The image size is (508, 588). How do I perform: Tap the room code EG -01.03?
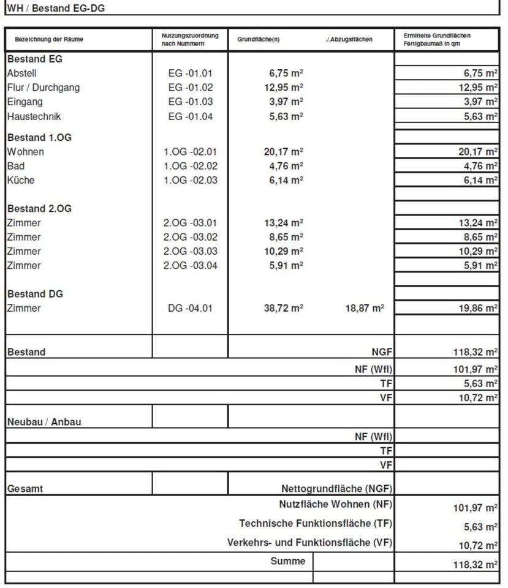pos(190,102)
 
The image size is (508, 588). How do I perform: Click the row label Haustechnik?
pos(34,116)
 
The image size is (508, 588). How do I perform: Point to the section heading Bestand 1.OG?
pos(39,138)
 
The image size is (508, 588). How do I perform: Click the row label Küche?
pos(21,180)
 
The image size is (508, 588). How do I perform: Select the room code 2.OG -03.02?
pos(190,237)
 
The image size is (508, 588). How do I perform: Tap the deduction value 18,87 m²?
pos(365,309)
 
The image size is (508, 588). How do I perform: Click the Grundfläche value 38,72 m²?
pos(282,309)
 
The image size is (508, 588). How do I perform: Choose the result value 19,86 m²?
pos(478,309)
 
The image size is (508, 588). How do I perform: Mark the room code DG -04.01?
pos(190,309)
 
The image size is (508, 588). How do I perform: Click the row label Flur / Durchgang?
pos(44,88)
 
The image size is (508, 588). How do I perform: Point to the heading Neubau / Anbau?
pos(44,422)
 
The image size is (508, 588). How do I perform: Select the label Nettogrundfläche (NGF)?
pos(336,489)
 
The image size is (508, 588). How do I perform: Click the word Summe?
pos(287,561)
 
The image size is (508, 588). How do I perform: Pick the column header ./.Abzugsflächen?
pos(349,40)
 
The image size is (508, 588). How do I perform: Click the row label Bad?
pos(16,166)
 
